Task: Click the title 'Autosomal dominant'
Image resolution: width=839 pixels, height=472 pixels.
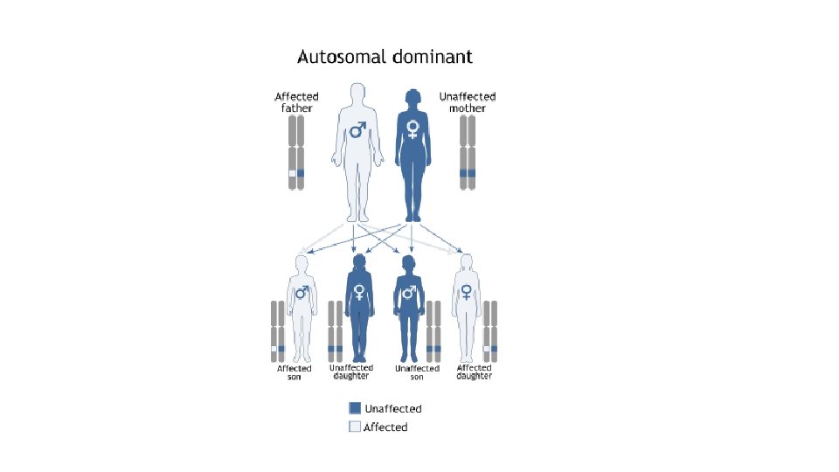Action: [x=385, y=58]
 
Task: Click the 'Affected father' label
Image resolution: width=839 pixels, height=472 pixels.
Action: [x=296, y=102]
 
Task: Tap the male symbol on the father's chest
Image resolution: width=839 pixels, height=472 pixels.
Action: [x=357, y=130]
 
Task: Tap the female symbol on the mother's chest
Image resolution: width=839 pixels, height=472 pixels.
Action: [x=413, y=130]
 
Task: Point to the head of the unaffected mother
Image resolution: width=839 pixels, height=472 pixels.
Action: [x=412, y=95]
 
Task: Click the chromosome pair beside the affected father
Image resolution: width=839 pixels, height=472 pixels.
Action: [x=296, y=158]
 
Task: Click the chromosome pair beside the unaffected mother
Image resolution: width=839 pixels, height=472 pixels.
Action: [x=468, y=158]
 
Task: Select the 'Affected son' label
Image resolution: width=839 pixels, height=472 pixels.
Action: [x=294, y=372]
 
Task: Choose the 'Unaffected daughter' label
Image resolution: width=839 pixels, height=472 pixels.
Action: [x=351, y=371]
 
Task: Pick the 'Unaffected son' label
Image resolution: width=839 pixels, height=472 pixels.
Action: [x=417, y=372]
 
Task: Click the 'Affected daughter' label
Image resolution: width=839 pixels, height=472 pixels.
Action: [x=475, y=371]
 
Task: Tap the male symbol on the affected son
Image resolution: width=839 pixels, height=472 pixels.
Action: [x=302, y=292]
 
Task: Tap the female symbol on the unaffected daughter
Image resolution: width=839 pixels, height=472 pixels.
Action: [x=357, y=293]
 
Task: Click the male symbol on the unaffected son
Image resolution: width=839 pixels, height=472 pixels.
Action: [x=407, y=293]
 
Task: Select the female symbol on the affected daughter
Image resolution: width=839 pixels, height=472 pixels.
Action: [x=467, y=292]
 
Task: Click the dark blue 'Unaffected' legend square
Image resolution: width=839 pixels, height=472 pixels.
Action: [x=355, y=408]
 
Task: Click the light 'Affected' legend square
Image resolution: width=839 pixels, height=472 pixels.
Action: [x=355, y=427]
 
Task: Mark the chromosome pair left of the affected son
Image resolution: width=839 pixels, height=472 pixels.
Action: [x=277, y=332]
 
